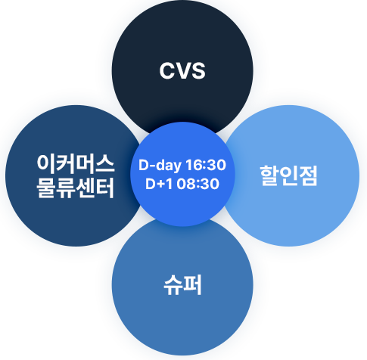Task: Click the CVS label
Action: pos(182,71)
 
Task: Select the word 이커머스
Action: pos(76,164)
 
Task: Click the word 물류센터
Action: pos(76,188)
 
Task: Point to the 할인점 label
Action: pos(288,175)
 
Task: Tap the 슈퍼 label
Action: pos(182,285)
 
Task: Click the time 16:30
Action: pos(206,165)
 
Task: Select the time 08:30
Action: pos(197,184)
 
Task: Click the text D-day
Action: pos(160,166)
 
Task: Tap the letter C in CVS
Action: pos(168,71)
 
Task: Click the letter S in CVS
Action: pos(198,71)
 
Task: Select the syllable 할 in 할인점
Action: pos(269,175)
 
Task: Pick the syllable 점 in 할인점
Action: pos(307,175)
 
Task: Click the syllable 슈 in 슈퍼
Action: pos(173,285)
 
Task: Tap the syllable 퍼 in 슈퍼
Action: pos(192,285)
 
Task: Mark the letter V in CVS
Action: pos(183,71)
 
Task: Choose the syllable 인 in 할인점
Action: pos(288,175)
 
